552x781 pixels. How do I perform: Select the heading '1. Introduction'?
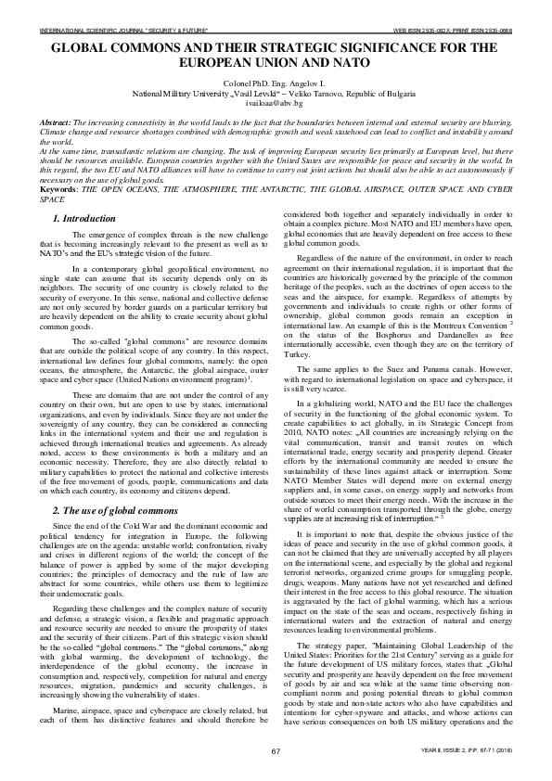[x=85, y=219]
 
